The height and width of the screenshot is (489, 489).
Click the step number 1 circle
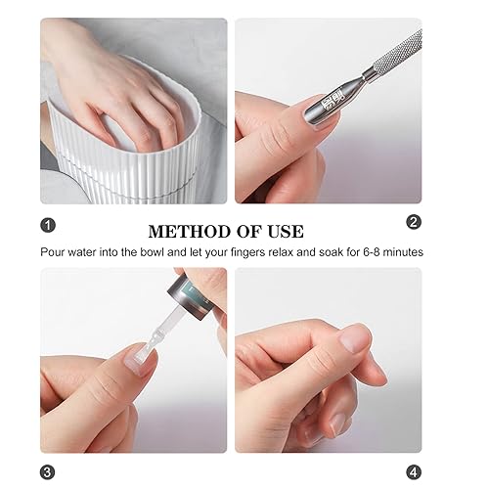click(x=48, y=223)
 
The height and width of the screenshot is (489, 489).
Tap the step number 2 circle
click(x=413, y=223)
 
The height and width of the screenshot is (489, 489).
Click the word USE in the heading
click(x=285, y=232)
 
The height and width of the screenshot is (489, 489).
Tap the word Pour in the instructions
click(x=55, y=251)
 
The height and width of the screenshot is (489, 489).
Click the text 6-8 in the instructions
click(x=371, y=251)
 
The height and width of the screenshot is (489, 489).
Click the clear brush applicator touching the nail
click(x=147, y=337)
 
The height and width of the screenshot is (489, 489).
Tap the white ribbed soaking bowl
click(x=156, y=166)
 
